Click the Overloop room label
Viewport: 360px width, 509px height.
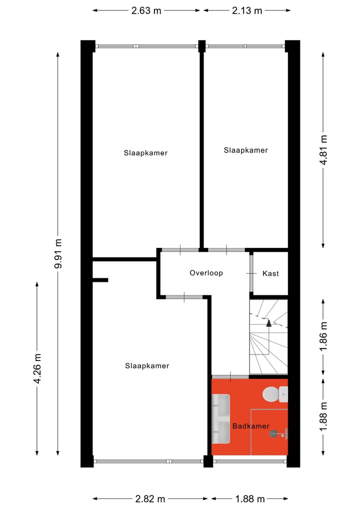pyautogui.click(x=206, y=273)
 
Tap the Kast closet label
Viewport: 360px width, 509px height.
pyautogui.click(x=270, y=273)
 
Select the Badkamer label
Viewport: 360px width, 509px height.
pyautogui.click(x=250, y=426)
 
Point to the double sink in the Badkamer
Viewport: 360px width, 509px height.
pyautogui.click(x=220, y=418)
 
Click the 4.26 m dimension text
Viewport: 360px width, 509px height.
pyautogui.click(x=37, y=368)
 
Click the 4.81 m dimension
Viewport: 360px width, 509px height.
pyautogui.click(x=323, y=149)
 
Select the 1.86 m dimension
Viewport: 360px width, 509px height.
pyautogui.click(x=323, y=336)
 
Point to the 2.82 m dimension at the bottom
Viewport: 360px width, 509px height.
pyautogui.click(x=150, y=498)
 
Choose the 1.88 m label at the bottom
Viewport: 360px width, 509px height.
pyautogui.click(x=250, y=498)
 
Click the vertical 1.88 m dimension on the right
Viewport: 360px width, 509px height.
pyautogui.click(x=323, y=416)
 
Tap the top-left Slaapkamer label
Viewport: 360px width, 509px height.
pyautogui.click(x=145, y=153)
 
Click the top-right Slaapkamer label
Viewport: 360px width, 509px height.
pyautogui.click(x=245, y=150)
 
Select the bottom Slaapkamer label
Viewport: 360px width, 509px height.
pyautogui.click(x=147, y=365)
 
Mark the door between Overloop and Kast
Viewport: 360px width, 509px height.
pyautogui.click(x=251, y=273)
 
